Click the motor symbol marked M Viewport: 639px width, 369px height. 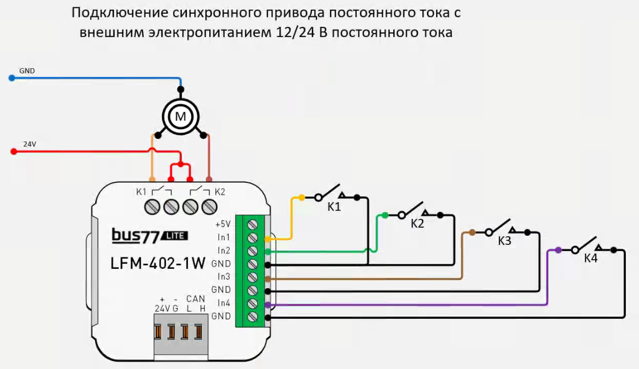180,117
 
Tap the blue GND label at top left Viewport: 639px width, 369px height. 27,71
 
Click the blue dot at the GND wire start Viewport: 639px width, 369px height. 12,78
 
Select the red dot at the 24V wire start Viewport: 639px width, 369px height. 13,152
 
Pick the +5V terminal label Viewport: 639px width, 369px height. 223,224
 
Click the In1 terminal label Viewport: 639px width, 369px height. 223,237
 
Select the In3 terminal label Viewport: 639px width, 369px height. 223,277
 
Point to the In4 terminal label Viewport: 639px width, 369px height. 223,303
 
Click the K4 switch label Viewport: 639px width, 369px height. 591,259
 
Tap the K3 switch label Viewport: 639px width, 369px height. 504,241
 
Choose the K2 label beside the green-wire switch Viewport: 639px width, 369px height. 418,224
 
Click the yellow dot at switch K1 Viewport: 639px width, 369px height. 302,198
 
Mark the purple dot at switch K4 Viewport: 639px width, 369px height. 558,250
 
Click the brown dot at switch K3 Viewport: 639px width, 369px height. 472,232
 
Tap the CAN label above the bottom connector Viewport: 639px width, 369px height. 196,298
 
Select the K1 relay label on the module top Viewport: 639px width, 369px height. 141,191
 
